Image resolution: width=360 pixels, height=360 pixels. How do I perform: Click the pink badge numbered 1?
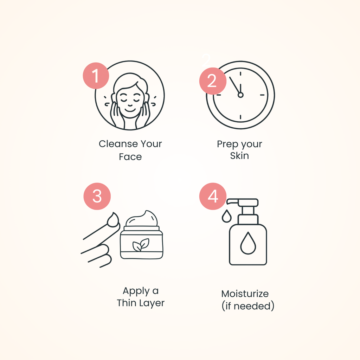point(96,76)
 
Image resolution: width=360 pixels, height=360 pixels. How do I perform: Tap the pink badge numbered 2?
point(213,81)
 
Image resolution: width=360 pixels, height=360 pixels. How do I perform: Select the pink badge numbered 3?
point(97,196)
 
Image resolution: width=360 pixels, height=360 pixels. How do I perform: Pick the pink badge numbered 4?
point(213,196)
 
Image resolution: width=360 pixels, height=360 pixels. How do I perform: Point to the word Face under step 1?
point(130,157)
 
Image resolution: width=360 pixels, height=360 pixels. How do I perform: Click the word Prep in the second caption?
point(227,144)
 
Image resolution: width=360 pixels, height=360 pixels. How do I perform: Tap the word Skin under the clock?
point(239,156)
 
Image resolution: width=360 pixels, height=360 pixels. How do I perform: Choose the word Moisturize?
point(245,294)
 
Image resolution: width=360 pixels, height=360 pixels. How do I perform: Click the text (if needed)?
point(248,306)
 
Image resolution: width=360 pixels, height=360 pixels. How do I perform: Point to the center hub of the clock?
point(240,95)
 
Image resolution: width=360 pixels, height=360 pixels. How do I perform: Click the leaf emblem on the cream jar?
point(141,245)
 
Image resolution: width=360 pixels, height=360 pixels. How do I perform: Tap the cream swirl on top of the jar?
point(142,219)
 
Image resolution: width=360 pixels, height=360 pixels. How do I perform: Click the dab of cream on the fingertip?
point(113,220)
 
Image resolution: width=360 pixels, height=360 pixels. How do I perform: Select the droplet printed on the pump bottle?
point(248,243)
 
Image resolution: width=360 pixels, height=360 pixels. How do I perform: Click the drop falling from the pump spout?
point(227,216)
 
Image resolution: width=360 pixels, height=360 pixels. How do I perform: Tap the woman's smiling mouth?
point(130,110)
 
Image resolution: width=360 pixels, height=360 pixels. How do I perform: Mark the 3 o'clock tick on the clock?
point(262,95)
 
